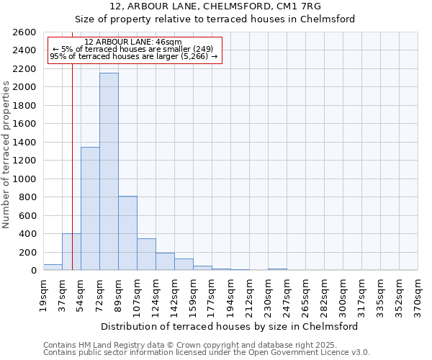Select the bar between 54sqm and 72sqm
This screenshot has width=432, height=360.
tap(90, 209)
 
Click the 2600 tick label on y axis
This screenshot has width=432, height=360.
tap(24, 32)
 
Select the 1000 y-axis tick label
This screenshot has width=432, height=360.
tap(24, 179)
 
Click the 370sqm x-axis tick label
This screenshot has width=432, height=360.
tap(418, 294)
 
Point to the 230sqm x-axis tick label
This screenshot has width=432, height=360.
tap(268, 294)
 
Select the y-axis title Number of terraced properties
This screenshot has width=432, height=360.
tap(6, 155)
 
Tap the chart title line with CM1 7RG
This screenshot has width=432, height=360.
tap(215, 6)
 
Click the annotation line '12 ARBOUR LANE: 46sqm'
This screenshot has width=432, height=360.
tap(133, 42)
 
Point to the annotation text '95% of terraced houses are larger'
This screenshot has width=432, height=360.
tap(133, 56)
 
